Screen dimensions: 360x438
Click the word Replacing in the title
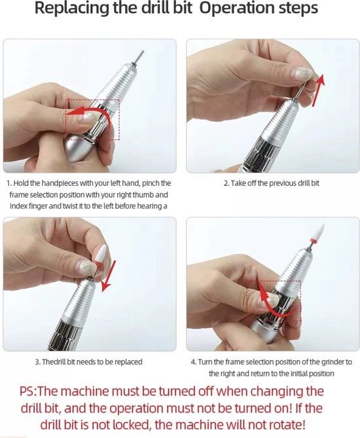(x=72, y=9)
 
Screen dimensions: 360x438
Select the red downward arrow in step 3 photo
(x=109, y=276)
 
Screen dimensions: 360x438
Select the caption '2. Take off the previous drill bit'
(x=271, y=183)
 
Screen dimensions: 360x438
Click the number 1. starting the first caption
(x=9, y=183)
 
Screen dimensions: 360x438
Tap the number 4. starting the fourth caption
(x=194, y=362)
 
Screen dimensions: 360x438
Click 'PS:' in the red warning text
(x=28, y=391)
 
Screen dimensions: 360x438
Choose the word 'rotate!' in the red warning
(x=287, y=425)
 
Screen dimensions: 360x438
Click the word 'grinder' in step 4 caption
(x=333, y=362)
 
